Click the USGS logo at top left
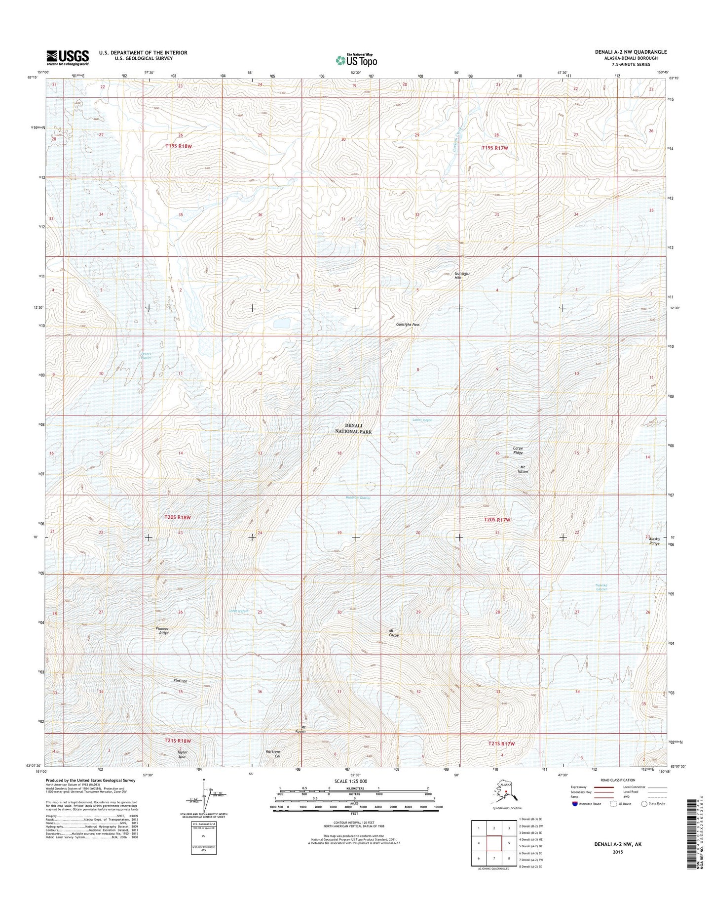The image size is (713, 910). (68, 57)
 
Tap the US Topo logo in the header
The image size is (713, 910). (356, 60)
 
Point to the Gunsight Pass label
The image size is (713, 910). (408, 325)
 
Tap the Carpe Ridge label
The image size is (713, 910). (517, 451)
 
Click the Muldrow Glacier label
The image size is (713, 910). (358, 498)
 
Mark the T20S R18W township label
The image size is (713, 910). (177, 517)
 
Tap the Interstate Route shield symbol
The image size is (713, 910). (575, 817)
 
